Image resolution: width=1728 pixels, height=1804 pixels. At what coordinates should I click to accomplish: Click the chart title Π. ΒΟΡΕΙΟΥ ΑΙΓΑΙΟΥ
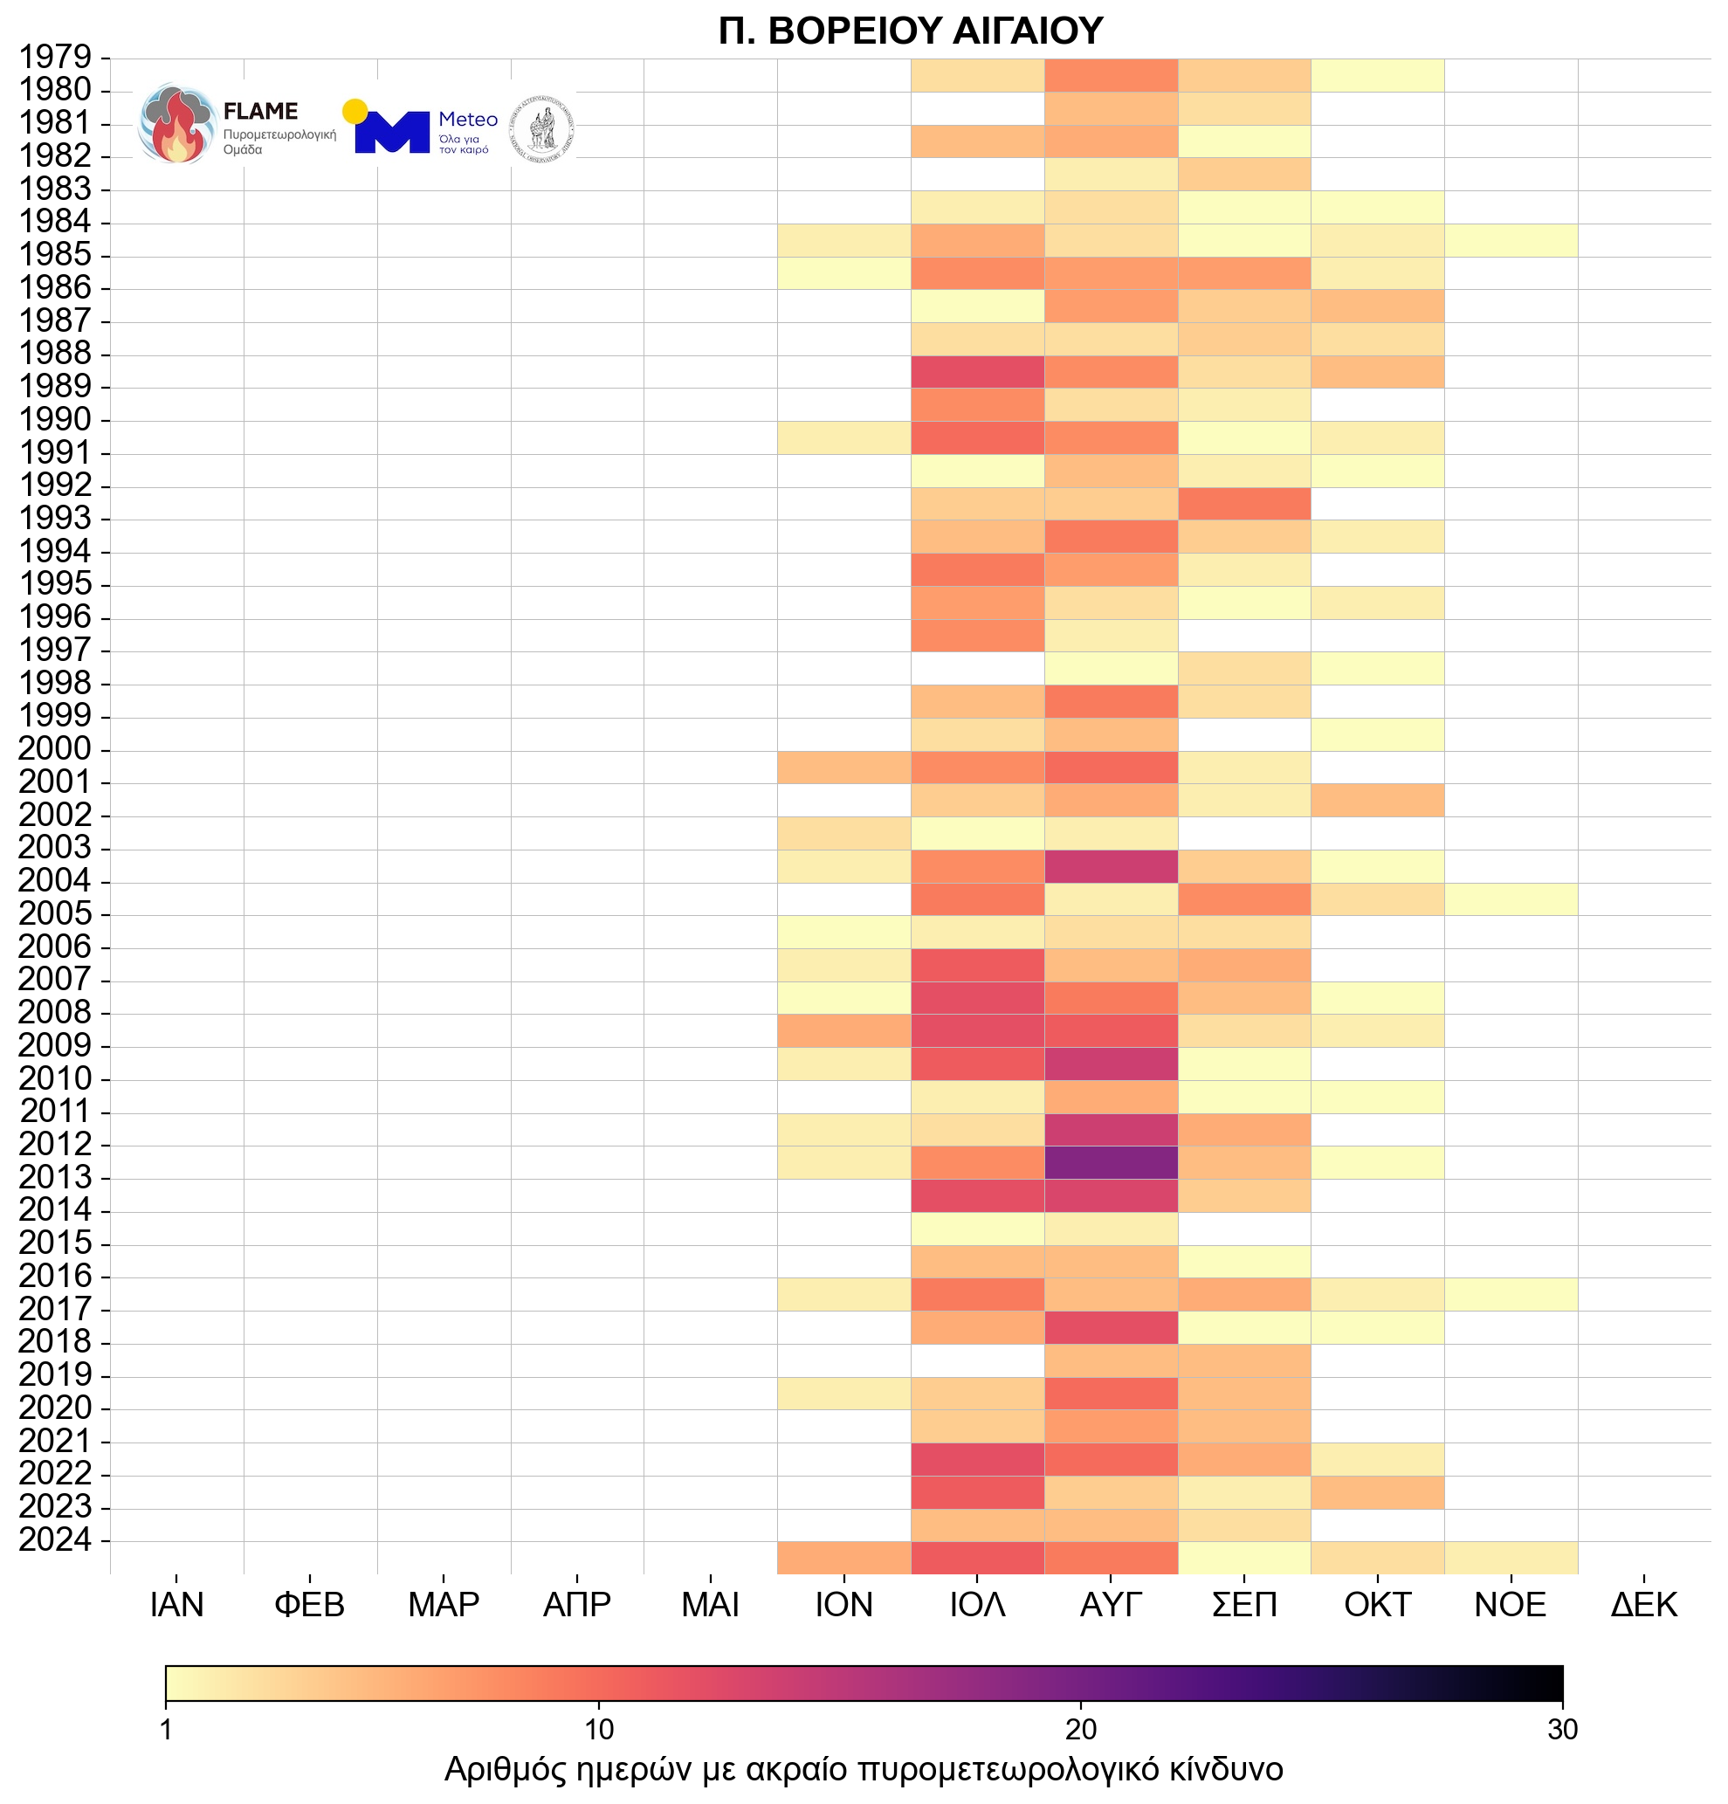coord(910,31)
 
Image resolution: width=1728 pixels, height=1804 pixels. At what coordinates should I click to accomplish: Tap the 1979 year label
coord(55,57)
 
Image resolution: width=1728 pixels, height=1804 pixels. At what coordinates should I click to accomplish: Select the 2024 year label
coord(55,1539)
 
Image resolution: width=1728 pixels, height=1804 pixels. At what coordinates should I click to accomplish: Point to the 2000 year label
coord(55,748)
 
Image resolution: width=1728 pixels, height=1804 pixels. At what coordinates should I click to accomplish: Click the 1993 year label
coord(55,518)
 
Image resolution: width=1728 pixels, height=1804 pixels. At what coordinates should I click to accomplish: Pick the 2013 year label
coord(55,1176)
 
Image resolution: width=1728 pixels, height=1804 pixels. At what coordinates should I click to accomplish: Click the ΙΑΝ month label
coord(176,1604)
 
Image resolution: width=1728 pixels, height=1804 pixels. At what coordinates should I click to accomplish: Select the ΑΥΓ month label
coord(1111,1604)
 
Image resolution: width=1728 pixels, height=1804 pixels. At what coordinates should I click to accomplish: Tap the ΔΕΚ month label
coord(1643,1604)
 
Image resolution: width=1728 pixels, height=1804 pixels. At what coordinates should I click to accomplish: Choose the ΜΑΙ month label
coord(710,1604)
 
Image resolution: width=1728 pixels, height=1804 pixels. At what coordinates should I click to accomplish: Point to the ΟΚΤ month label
coord(1377,1604)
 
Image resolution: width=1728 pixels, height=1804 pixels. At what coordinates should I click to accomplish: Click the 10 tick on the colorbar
coord(599,1730)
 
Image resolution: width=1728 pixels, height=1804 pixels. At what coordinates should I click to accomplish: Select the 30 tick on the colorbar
coord(1562,1730)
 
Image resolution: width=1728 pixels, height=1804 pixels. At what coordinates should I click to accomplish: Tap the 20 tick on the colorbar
coord(1081,1730)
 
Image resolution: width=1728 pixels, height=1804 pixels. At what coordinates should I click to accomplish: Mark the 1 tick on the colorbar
coord(167,1730)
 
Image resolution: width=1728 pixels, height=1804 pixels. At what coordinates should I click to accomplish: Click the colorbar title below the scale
coord(863,1768)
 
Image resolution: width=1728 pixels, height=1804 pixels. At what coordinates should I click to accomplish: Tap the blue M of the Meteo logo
coord(392,132)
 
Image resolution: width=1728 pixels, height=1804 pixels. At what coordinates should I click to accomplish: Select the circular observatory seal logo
coord(543,126)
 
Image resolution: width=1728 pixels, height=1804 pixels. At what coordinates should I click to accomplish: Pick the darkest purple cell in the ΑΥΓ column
coord(1111,1162)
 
